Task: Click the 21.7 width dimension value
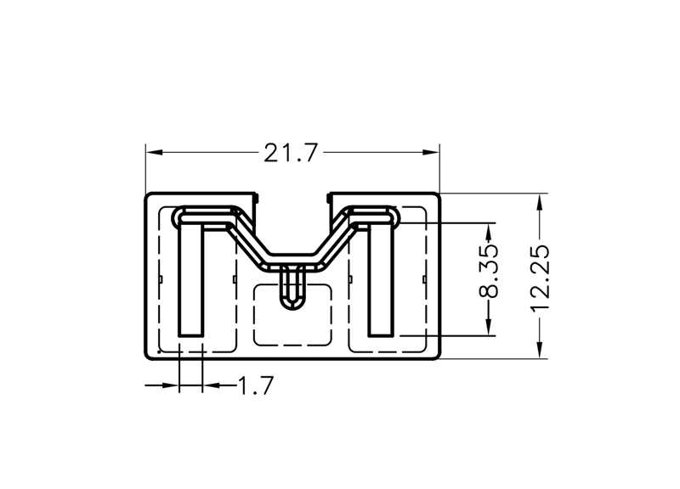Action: click(x=291, y=153)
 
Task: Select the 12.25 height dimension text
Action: click(x=540, y=278)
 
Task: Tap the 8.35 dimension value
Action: click(x=489, y=272)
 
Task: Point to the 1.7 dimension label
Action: click(x=257, y=385)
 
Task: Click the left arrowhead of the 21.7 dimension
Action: click(x=155, y=153)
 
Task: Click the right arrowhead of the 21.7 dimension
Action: click(x=431, y=152)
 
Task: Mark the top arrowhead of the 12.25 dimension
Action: click(x=540, y=203)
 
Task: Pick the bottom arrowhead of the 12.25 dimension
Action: click(x=540, y=350)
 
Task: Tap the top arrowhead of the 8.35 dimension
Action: click(x=490, y=233)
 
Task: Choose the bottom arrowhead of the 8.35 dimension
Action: click(x=490, y=327)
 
